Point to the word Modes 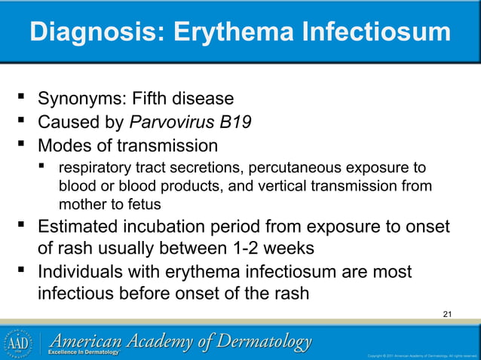point(64,145)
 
